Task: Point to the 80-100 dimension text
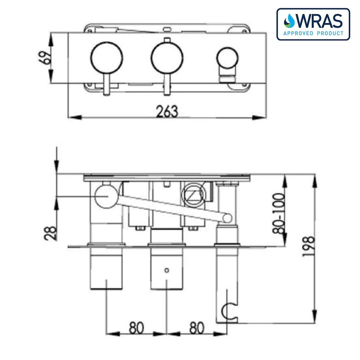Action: click(280, 212)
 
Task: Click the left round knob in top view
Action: click(107, 58)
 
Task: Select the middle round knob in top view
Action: click(167, 58)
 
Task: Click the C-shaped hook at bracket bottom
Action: click(230, 310)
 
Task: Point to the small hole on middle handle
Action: click(167, 270)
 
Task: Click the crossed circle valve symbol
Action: click(190, 195)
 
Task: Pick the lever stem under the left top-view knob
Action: click(107, 85)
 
